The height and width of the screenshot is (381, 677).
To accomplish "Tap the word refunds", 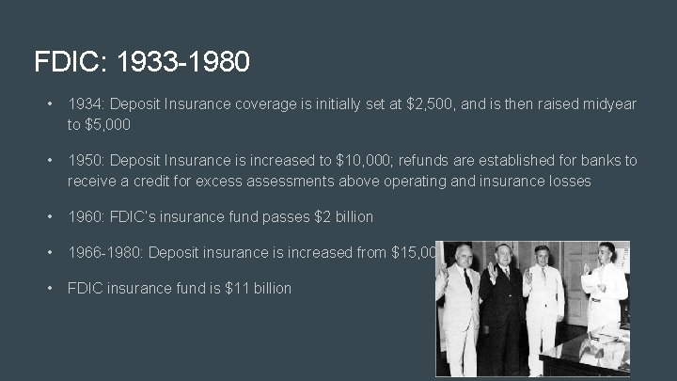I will coord(436,161).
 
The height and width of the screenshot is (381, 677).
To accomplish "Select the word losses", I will coord(567,181).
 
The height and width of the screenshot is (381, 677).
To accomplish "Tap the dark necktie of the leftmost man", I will coord(467,282).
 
